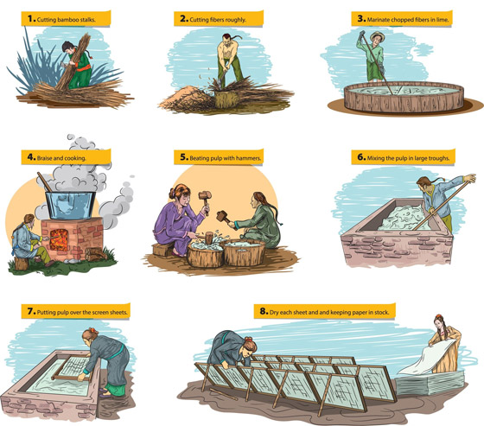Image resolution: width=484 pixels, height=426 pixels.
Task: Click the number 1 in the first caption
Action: tap(31, 19)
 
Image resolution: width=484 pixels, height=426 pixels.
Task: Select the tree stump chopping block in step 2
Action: tap(226, 99)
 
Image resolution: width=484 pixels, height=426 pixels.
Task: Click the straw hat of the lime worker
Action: tap(377, 35)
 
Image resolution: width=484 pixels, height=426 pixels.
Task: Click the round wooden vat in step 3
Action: tap(404, 97)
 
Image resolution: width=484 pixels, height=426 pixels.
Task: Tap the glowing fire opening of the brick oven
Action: tap(59, 239)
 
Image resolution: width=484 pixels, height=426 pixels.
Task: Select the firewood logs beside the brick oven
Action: tap(96, 254)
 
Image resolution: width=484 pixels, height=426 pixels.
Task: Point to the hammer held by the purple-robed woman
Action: tap(205, 200)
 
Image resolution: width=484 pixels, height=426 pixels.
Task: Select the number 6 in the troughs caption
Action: tap(361, 157)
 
